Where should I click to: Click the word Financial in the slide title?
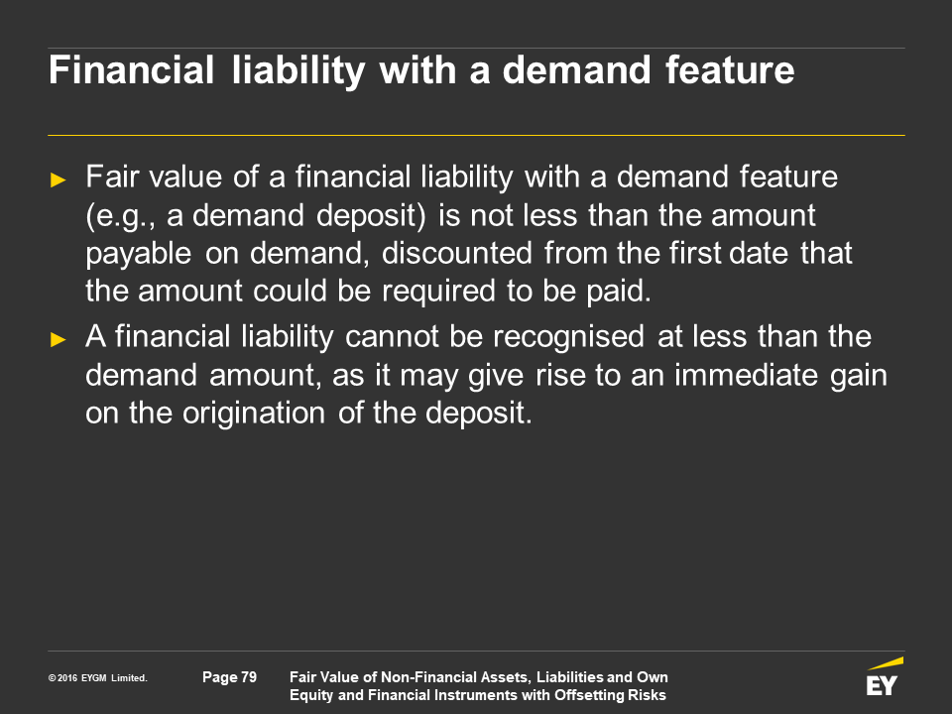coord(131,69)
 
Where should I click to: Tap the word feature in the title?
coord(730,69)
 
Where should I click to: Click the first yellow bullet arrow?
coord(59,179)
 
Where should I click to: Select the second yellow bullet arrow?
coord(59,339)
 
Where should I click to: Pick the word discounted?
coord(456,253)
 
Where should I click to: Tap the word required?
coord(439,292)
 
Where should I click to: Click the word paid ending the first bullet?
coord(619,292)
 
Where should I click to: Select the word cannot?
coord(392,337)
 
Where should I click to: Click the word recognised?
coord(568,337)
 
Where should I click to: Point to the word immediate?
coord(746,375)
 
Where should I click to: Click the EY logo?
coord(884,677)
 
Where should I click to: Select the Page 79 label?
coord(229,677)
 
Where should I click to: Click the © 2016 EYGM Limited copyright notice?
coord(98,678)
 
